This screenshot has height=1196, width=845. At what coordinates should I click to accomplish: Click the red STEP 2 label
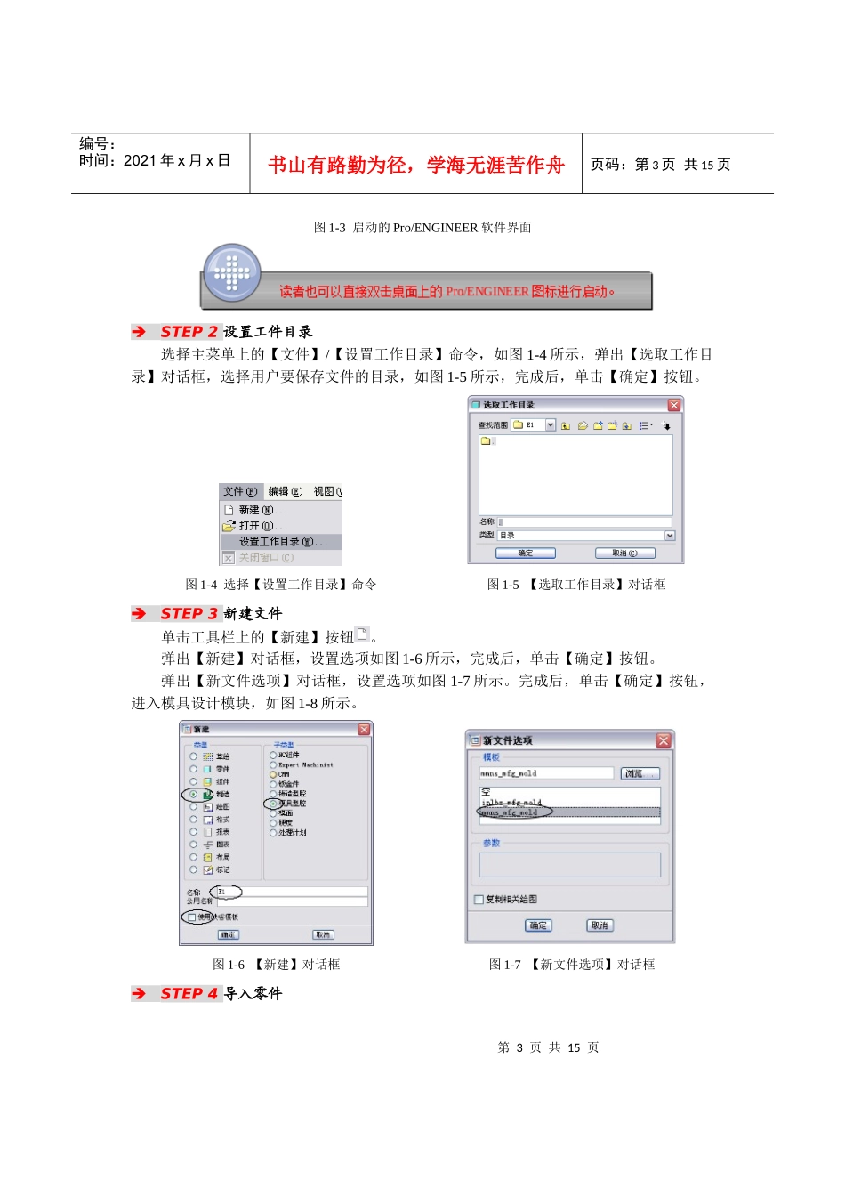189,332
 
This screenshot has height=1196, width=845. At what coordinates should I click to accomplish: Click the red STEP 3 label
189,614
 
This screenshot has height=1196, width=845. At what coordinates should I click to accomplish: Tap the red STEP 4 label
189,994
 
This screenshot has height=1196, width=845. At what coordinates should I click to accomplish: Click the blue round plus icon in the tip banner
231,272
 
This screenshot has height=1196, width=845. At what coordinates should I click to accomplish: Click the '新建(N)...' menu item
262,511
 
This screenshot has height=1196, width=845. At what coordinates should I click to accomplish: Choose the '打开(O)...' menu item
262,526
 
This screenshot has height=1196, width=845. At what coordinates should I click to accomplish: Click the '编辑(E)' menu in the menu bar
286,492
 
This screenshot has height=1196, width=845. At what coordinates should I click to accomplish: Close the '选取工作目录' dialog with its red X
674,405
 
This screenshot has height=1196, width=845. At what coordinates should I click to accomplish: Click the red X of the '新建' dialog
364,730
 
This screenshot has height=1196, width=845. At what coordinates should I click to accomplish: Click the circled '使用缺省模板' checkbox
192,917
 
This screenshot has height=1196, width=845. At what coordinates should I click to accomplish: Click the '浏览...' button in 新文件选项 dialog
640,773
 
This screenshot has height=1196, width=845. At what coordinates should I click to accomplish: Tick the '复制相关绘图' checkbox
479,900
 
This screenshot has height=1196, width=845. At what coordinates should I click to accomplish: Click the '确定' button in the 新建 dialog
229,934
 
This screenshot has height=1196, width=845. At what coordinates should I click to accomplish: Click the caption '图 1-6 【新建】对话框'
277,965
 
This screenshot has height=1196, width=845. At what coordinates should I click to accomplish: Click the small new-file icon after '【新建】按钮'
362,634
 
